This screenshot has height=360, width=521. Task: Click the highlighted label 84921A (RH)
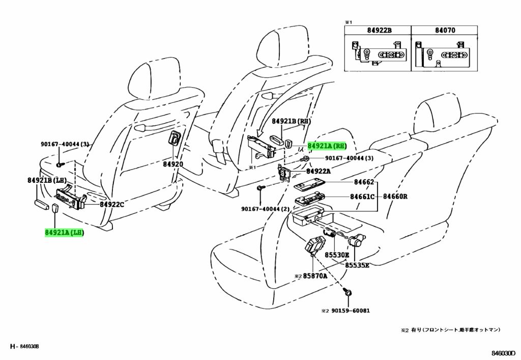coord(327,146)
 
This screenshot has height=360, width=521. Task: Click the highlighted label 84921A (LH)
coord(64,233)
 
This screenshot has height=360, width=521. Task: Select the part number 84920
coord(173,164)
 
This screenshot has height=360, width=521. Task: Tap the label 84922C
coord(112,205)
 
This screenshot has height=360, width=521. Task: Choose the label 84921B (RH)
coord(291,121)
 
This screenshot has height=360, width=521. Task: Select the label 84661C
coord(362,197)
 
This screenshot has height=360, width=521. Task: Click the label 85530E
coord(337,255)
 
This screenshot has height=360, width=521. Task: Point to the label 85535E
coord(357,265)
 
